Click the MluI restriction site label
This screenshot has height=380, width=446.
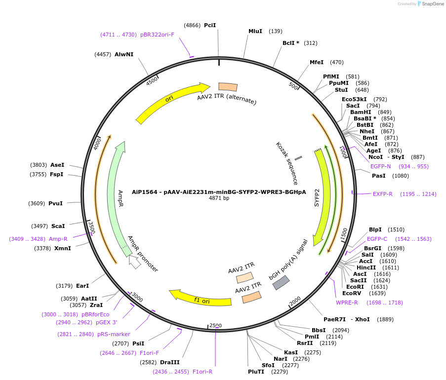point(255,31)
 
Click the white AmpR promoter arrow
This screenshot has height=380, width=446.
point(134,261)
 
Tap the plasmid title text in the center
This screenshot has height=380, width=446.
point(219,192)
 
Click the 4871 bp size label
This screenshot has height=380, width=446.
point(219,198)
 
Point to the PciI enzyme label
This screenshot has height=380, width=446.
point(210,25)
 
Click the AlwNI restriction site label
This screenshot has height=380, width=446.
point(124,54)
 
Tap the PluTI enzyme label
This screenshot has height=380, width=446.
point(256,372)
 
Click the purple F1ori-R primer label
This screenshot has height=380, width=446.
point(203,372)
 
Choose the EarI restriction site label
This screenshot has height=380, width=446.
point(82,286)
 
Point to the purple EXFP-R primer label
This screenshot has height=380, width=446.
point(383,194)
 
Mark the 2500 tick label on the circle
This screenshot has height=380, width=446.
point(216,325)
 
